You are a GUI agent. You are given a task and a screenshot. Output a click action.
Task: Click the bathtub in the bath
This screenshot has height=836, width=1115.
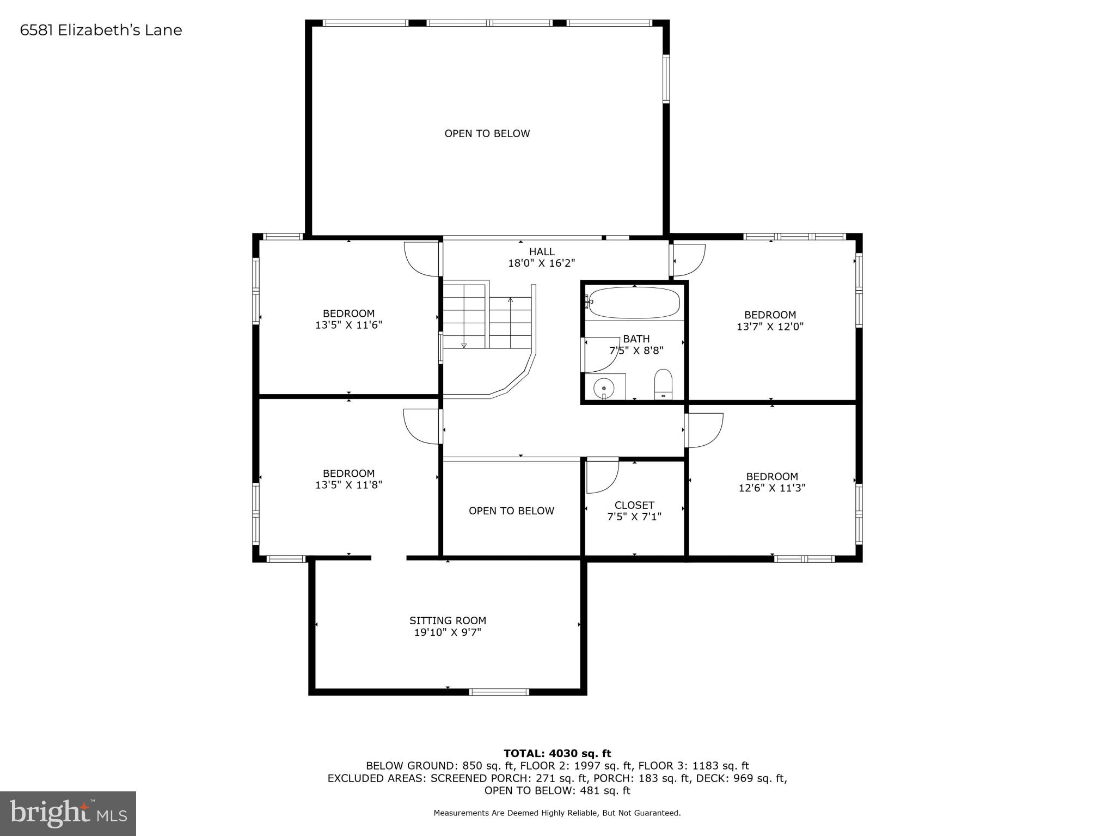[x=634, y=303]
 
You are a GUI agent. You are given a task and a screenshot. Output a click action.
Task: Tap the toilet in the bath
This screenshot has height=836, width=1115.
[x=663, y=384]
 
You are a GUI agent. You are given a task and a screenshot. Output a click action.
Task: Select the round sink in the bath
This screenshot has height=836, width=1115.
[x=604, y=388]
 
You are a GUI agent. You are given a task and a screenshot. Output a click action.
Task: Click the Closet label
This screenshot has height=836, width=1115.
[x=634, y=505]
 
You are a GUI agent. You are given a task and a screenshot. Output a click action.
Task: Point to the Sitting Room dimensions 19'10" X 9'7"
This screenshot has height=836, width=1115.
[x=448, y=632]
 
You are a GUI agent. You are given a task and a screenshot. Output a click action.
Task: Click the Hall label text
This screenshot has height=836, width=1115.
[x=542, y=251]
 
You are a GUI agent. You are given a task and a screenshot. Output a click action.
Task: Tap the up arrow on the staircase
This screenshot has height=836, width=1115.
[x=510, y=300]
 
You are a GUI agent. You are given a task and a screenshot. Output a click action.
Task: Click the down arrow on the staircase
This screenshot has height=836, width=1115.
[x=464, y=345]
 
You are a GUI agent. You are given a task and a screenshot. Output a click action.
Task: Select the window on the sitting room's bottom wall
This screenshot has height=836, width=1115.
[x=499, y=692]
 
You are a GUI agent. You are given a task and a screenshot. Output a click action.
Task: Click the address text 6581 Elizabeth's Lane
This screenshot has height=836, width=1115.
[x=101, y=30]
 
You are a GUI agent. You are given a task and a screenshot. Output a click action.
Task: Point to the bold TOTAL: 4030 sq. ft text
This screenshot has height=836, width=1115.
[x=557, y=753]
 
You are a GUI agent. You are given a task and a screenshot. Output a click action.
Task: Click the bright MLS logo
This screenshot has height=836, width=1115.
[x=68, y=814]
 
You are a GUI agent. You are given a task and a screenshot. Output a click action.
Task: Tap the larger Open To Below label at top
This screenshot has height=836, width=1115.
[x=487, y=133]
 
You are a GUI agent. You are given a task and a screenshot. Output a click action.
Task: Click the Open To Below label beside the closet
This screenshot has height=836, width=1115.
[x=511, y=511]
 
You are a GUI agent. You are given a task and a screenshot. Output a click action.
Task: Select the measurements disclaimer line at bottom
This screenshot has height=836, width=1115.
[x=557, y=813]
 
